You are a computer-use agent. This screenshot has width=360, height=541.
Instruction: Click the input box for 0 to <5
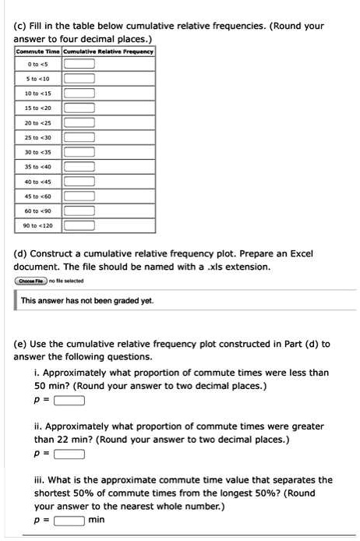coord(79,63)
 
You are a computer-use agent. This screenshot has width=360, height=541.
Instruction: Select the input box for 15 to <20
coord(79,108)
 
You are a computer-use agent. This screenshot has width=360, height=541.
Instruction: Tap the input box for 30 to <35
coord(79,152)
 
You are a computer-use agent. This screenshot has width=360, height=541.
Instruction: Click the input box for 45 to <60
coord(79,196)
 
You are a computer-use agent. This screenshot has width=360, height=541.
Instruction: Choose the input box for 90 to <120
coord(79,225)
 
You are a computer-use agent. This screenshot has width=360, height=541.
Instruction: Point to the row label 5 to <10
coord(38,78)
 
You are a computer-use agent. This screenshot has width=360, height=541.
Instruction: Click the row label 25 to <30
coord(38,137)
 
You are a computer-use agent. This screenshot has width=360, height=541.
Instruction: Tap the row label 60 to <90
coord(38,210)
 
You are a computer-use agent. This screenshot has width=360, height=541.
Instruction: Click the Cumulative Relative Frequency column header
coord(108,51)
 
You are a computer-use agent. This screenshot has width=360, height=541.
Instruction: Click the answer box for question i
coord(70,401)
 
